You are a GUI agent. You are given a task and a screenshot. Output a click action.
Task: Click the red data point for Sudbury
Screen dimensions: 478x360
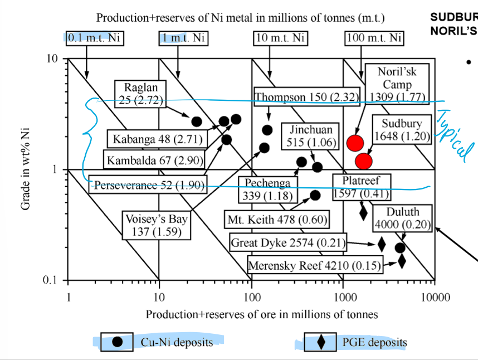[364, 161]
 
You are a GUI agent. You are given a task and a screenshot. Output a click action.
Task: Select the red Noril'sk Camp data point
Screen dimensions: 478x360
[355, 143]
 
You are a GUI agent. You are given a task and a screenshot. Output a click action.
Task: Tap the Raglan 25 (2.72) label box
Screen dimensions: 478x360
[140, 94]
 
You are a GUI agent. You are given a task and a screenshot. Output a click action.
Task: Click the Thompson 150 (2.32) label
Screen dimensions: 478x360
[307, 97]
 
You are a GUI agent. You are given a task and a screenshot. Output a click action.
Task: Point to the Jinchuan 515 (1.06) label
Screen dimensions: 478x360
[310, 136]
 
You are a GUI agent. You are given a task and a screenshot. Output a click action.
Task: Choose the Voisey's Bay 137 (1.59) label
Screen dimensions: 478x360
[157, 225]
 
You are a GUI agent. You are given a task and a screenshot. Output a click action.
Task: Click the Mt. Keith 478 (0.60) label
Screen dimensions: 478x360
[277, 219]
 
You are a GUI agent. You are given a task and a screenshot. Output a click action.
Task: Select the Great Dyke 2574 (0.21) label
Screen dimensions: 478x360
[288, 242]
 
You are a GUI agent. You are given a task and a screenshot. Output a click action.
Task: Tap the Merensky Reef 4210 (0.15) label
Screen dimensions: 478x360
[315, 265]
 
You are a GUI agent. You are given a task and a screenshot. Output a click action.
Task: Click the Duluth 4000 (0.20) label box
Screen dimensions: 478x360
[402, 218]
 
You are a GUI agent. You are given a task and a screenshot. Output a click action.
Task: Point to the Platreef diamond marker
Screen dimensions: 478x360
[363, 212]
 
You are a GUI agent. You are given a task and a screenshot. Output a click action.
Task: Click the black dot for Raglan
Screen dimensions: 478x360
[197, 121]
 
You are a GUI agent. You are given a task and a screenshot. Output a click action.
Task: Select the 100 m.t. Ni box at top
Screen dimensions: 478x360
[374, 38]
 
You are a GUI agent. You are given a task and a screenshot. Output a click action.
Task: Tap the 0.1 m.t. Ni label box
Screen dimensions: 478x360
[95, 38]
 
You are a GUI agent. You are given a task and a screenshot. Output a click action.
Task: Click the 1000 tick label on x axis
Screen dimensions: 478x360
[344, 297]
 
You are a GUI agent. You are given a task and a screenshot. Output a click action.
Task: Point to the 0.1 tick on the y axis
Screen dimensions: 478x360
[50, 280]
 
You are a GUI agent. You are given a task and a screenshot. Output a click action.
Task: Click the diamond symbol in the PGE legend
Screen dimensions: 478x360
[321, 342]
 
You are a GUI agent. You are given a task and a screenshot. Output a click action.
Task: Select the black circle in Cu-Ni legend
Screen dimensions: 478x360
[118, 342]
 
